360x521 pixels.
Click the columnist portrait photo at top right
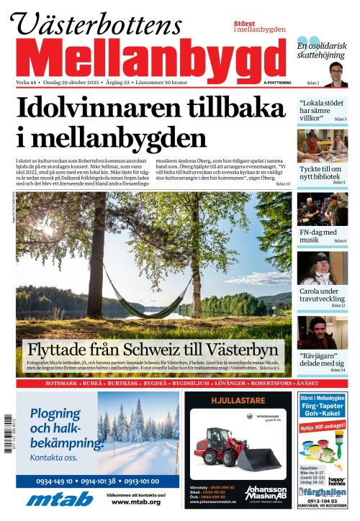pyautogui.click(x=336, y=73)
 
